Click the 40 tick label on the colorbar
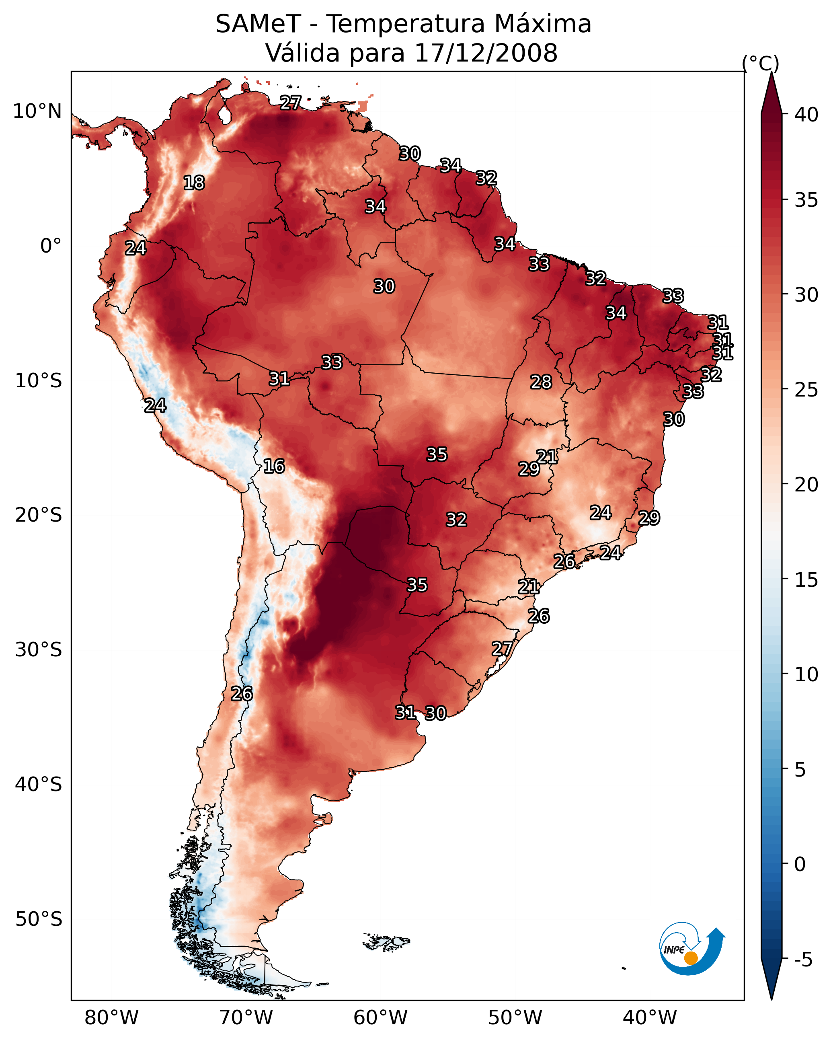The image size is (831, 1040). pos(806,115)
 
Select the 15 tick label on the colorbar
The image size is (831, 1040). pos(806,580)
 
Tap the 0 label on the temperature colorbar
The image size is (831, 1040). pos(800,864)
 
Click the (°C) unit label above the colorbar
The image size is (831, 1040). pos(761,63)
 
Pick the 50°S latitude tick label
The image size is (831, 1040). pos(39,919)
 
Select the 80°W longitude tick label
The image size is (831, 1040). pos(111,1017)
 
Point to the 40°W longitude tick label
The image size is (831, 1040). pos(650,1017)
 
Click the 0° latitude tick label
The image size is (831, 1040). pos(51,246)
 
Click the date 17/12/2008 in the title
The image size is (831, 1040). pos(486,53)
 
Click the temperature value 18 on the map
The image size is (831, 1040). pos(194,183)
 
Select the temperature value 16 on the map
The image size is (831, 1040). pos(274,466)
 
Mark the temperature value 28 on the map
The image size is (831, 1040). pos(541,382)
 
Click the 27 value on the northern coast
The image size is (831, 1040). pos(290,103)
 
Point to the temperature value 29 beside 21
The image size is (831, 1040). pos(529,469)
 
